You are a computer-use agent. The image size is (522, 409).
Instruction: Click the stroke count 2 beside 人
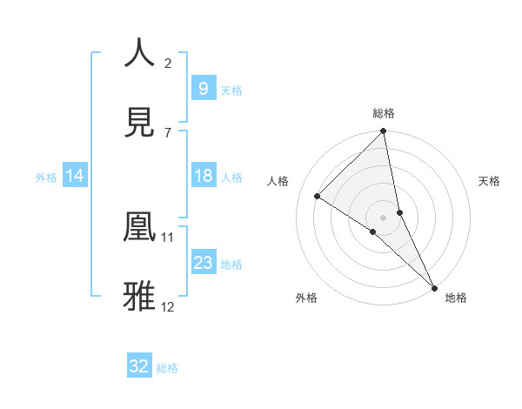pos(168,63)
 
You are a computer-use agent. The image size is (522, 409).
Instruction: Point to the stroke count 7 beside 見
pos(168,132)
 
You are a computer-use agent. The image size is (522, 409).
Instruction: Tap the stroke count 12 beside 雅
pos(168,306)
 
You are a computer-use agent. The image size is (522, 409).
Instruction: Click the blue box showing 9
pos(203,88)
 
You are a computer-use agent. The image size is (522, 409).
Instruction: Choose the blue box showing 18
pos(203,176)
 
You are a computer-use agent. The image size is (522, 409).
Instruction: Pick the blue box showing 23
pos(203,263)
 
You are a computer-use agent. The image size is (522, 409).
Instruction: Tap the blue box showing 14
pos(75,176)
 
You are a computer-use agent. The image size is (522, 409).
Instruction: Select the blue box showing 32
pos(139,366)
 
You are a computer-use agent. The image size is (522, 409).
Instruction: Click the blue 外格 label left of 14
pos(46,177)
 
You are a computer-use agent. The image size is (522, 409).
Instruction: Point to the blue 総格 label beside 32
pos(167,368)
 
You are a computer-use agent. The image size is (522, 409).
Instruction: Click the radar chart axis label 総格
pos(384,113)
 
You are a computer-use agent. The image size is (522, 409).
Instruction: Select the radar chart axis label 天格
pos(490,181)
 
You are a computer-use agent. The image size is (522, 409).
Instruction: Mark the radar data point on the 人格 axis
pos(318,196)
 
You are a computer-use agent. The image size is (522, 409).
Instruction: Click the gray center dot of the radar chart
pos(384,217)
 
